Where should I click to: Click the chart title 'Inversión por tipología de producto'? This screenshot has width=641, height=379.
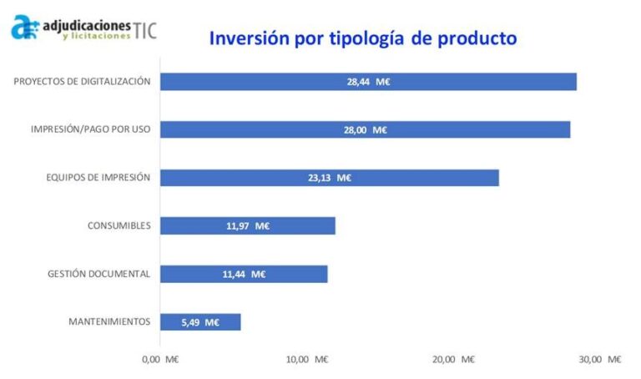coord(362,38)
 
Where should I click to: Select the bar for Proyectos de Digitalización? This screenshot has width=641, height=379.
coord(367,82)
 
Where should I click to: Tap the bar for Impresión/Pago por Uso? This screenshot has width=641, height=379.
coord(364,129)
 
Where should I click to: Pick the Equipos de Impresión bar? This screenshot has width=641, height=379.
coord(329,178)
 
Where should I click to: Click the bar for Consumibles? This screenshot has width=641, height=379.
coord(247,225)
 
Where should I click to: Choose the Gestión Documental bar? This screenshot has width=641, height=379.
coord(243,274)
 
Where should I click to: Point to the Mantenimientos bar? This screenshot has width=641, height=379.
coord(199,322)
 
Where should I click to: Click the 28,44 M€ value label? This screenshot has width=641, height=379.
coord(369,82)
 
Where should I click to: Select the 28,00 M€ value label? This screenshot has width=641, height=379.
coord(368,129)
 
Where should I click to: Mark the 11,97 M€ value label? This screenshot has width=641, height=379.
coord(248,225)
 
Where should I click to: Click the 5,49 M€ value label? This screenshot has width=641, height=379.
coord(200,322)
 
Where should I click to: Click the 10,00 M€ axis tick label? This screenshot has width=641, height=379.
coord(307,359)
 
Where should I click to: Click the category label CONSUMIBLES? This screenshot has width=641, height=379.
coord(119,225)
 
